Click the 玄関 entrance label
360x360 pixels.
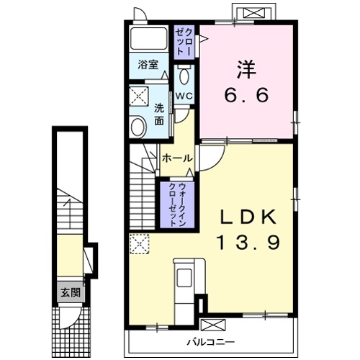point(71,292)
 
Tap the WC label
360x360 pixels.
point(184,96)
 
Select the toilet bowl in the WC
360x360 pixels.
point(184,75)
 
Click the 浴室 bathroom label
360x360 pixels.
point(148,65)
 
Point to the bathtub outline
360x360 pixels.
point(148,38)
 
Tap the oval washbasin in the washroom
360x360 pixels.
point(138,126)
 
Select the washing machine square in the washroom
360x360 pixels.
point(139,96)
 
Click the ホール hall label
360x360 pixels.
point(177,158)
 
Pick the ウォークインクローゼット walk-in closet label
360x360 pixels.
point(177,204)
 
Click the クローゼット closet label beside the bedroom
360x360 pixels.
point(184,42)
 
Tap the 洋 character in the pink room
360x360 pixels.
point(246,69)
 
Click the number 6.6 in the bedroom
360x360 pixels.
point(246,95)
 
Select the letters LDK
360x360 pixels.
point(248,217)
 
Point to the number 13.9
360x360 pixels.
point(248,242)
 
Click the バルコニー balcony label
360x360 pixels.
point(211,342)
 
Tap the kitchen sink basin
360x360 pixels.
point(184,278)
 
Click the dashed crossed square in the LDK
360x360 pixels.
point(140,244)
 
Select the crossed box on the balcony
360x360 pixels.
point(213,325)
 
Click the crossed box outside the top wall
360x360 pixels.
point(253,13)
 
